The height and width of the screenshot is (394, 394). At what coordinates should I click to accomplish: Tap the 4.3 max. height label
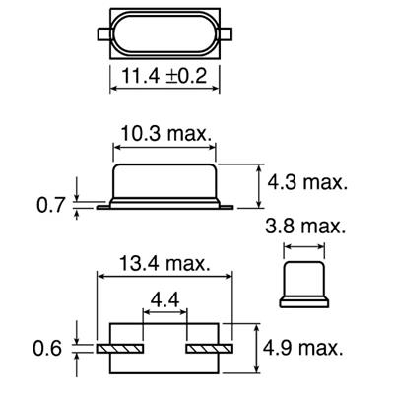point(309,182)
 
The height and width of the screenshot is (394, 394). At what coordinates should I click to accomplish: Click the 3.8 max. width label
point(306,228)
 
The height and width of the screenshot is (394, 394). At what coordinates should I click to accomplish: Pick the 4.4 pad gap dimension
point(164,296)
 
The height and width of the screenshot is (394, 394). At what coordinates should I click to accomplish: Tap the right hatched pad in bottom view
point(208,348)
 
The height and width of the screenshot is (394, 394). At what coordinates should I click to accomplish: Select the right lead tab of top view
point(228,33)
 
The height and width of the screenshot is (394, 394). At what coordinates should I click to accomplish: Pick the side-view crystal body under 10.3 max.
point(164,182)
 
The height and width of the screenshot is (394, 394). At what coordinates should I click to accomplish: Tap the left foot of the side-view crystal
point(101,206)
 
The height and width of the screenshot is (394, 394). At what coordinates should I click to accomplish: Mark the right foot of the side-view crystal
point(226,206)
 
